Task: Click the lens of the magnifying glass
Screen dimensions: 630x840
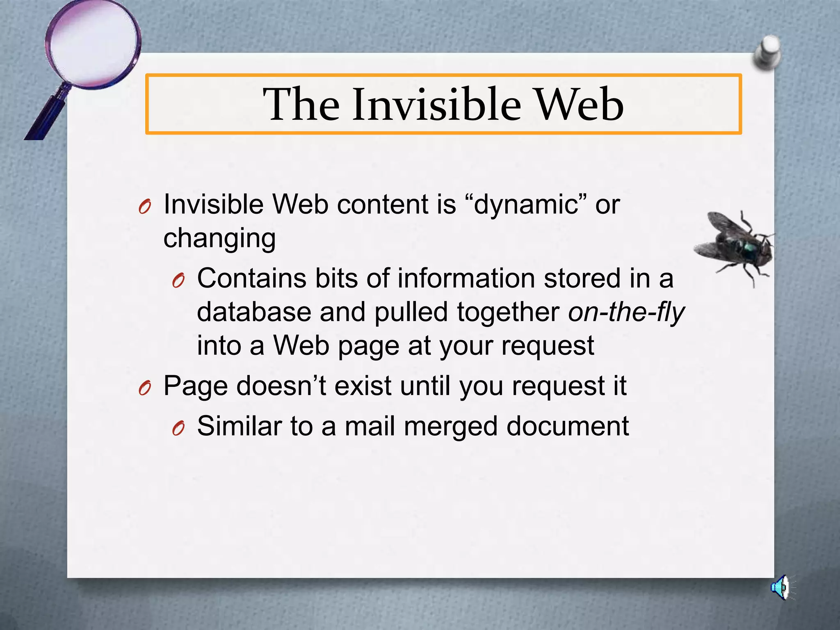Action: point(93,44)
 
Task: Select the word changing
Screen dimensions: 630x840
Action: point(219,238)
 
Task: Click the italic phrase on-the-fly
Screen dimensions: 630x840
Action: point(626,312)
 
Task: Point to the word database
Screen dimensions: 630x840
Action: point(254,312)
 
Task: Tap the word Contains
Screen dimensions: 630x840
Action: point(251,278)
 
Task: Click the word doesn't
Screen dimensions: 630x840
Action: point(281,386)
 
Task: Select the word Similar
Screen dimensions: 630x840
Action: point(239,426)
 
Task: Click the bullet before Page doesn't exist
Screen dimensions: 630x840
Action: point(145,388)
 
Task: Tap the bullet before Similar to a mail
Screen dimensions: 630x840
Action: point(178,429)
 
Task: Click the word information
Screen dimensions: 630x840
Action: point(466,278)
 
